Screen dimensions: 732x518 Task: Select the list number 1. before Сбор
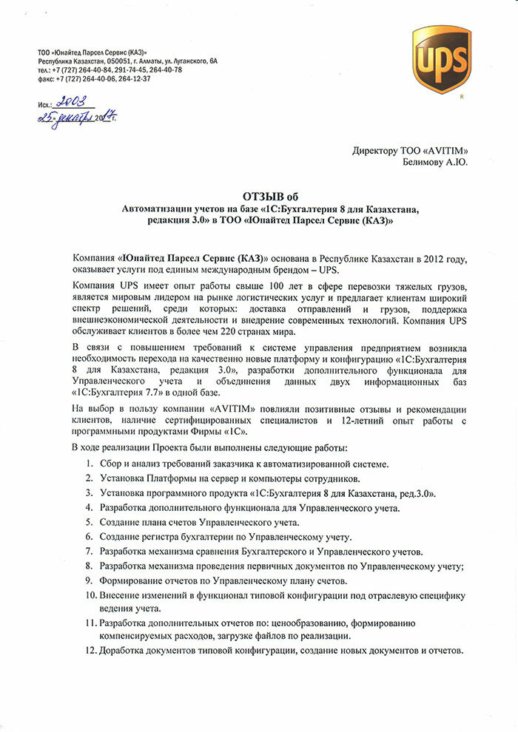pos(89,464)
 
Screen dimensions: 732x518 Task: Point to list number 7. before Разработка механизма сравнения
pos(89,552)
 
